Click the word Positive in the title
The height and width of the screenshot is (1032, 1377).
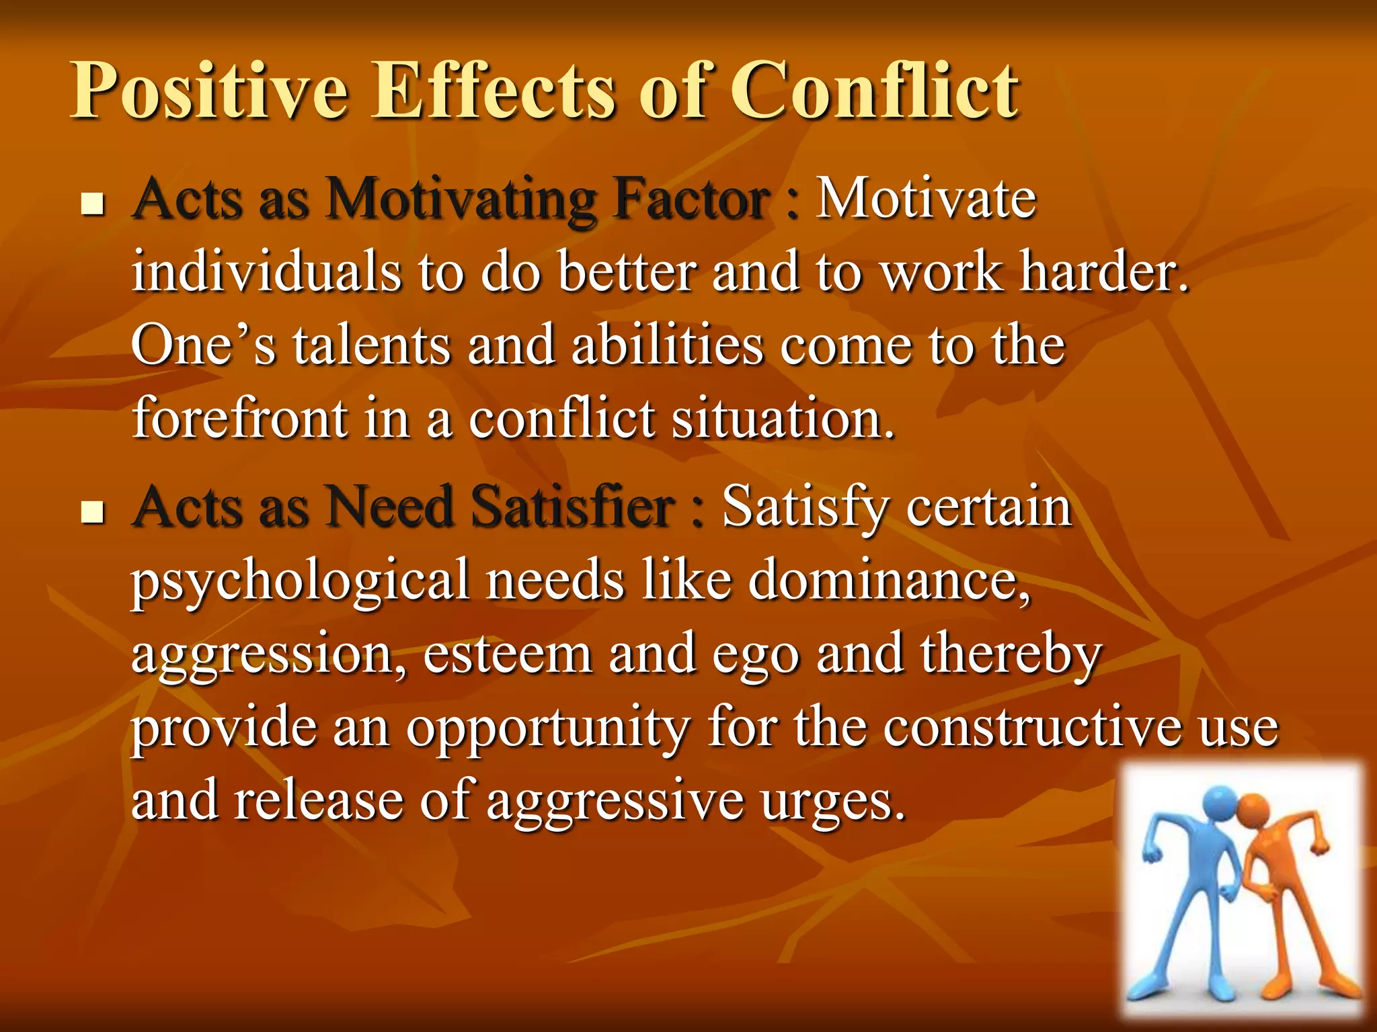pos(209,91)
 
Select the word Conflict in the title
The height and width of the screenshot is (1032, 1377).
pos(874,91)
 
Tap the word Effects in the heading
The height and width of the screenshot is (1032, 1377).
pos(494,91)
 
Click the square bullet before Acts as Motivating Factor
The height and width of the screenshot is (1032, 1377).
pos(93,204)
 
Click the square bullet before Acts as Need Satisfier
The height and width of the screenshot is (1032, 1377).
pos(93,513)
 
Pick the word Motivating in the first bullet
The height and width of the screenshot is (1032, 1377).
pos(461,200)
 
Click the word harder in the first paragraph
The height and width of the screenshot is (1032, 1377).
pos(1103,272)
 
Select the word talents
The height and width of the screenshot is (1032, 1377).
pos(371,345)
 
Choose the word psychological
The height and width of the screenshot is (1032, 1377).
pos(300,582)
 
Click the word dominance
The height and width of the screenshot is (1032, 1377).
pos(888,580)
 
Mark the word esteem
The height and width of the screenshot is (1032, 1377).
pos(508,654)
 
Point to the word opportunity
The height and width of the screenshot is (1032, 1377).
pos(548,729)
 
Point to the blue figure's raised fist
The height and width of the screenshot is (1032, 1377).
pos(1152,856)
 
